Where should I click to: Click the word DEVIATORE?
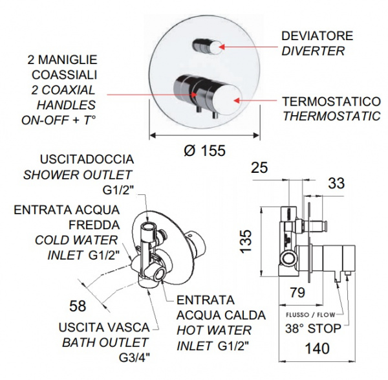point(317,36)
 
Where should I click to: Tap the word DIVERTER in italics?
point(313,51)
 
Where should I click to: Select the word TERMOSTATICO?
point(332,102)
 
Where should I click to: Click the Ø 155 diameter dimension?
point(205,150)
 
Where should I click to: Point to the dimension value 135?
point(246,241)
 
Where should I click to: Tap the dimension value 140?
point(318,348)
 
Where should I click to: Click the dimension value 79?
point(297,293)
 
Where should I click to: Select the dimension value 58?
point(78,306)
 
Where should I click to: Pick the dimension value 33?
point(336,184)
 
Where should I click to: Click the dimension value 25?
point(259,168)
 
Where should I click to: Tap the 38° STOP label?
point(313,329)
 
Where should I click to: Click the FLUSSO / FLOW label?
point(310,315)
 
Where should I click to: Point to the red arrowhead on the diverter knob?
point(222,47)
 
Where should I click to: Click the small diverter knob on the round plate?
point(208,47)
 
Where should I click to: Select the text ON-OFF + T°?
point(59,120)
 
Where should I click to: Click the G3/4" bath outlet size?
point(135,358)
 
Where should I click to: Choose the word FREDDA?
point(94,225)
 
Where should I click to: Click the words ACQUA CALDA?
point(221,315)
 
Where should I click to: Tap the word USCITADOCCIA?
point(87,159)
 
